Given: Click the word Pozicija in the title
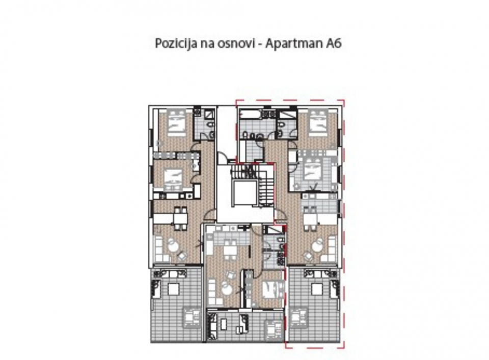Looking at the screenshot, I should pyautogui.click(x=172, y=44).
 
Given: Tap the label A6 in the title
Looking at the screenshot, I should pyautogui.click(x=333, y=44).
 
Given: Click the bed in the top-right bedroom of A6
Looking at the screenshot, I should pyautogui.click(x=318, y=122).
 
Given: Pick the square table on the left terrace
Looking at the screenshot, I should pyautogui.click(x=173, y=289).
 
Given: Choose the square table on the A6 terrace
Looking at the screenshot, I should pyautogui.click(x=317, y=289).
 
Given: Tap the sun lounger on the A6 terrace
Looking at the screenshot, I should pyautogui.click(x=301, y=317).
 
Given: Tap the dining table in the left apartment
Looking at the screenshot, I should pyautogui.click(x=179, y=218).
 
